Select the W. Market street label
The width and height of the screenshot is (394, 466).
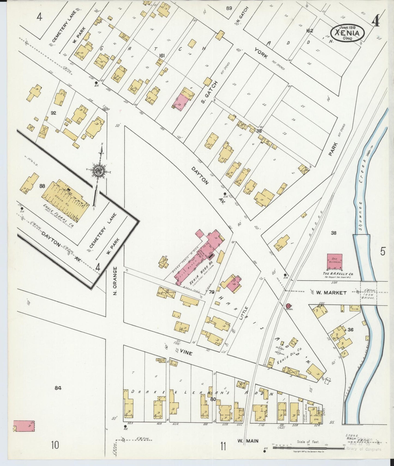click(x=331, y=293)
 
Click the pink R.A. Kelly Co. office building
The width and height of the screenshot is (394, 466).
click(x=335, y=262)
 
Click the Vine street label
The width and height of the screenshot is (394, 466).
click(x=186, y=353)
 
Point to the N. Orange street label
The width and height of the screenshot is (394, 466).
click(x=115, y=281)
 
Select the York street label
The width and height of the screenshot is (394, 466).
click(x=261, y=53)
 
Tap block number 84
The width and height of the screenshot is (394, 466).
click(x=58, y=388)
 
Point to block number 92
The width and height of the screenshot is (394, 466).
click(x=53, y=113)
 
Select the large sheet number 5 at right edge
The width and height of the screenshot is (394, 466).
click(x=383, y=251)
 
